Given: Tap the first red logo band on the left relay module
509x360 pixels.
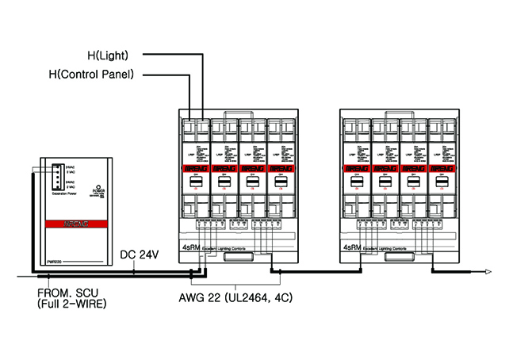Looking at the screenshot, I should tap(193, 168).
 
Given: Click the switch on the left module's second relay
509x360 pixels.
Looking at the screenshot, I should tap(222, 183).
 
